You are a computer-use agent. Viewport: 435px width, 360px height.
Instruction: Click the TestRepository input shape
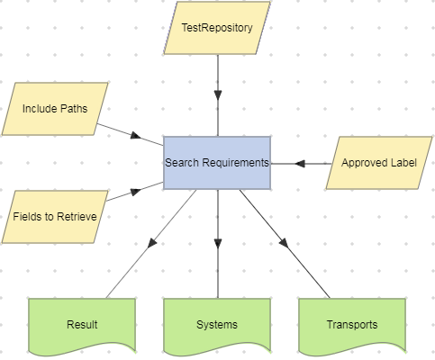coord(216,28)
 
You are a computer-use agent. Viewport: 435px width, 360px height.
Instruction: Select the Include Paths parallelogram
coord(55,109)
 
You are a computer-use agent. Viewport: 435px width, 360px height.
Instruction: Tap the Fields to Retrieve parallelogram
coord(55,217)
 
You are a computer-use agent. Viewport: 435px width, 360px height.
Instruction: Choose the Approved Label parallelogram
coord(378,163)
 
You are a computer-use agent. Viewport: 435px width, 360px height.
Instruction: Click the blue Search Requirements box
coord(216,163)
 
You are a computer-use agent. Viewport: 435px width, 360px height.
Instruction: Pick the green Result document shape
coord(82,324)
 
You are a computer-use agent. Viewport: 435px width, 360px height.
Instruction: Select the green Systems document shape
coord(216,324)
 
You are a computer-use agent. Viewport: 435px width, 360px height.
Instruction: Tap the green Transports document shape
coord(351,324)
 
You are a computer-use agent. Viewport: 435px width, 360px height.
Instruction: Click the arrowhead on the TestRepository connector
coord(216,95)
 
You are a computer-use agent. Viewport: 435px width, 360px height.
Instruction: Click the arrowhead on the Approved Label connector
coord(300,163)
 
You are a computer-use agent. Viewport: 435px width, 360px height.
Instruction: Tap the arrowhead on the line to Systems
coord(216,244)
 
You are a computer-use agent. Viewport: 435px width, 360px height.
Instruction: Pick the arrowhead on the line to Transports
coord(284,244)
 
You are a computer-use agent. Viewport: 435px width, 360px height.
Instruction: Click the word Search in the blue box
coord(183,163)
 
